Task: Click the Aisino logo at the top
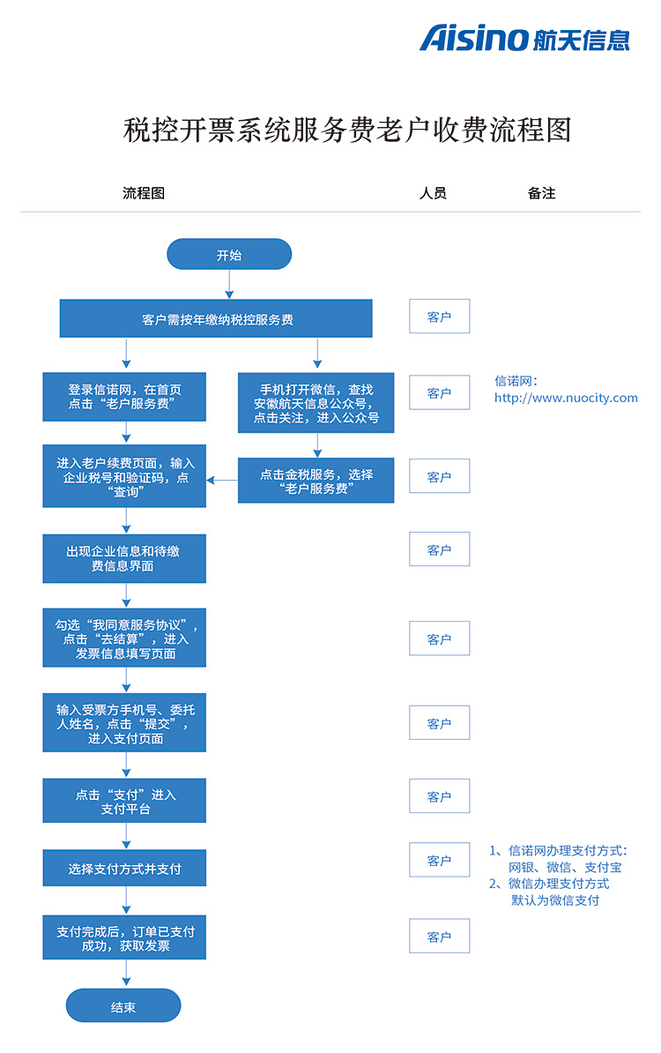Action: tap(524, 38)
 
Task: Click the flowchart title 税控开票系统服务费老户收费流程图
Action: tap(347, 130)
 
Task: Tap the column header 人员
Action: tap(433, 193)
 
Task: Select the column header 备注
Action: tap(541, 193)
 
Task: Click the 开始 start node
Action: tap(229, 255)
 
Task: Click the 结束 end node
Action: tap(123, 1005)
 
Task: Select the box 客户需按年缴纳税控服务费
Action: tap(216, 318)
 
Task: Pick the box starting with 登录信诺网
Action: tap(124, 397)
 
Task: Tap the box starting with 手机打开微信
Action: tap(316, 403)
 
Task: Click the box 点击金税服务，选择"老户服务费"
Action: tap(316, 480)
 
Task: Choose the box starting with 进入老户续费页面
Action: tap(124, 476)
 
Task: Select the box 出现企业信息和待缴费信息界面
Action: tap(124, 558)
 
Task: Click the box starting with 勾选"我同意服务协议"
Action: tap(124, 638)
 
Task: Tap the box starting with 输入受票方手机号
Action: tap(124, 722)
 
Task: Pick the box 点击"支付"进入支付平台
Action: tap(124, 801)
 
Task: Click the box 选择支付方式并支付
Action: tap(124, 869)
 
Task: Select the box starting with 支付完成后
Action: tap(124, 937)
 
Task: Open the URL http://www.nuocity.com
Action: tap(566, 398)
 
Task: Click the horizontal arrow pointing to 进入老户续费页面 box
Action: tap(222, 480)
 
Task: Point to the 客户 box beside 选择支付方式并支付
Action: tap(440, 860)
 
